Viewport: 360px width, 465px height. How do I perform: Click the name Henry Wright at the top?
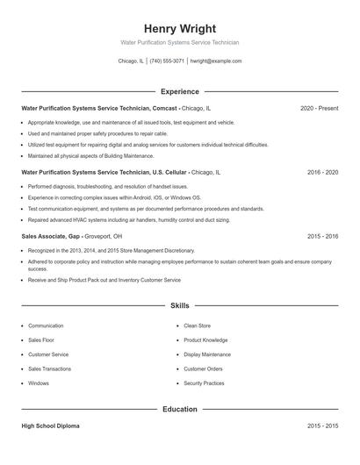point(179,28)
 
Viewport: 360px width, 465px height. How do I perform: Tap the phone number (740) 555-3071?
point(167,61)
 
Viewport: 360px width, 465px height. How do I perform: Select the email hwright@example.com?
point(216,61)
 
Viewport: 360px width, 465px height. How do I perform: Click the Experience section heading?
point(179,91)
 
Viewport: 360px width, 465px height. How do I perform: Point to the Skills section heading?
point(179,306)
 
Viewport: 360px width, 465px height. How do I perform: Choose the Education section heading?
point(179,409)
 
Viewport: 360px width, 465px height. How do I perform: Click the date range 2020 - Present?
point(319,108)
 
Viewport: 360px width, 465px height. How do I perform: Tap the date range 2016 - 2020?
point(322,172)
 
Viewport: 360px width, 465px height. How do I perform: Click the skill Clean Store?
point(197,325)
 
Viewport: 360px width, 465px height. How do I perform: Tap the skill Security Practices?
point(204,383)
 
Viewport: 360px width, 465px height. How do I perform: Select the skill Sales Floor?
point(41,340)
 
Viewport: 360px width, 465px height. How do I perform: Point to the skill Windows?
point(39,383)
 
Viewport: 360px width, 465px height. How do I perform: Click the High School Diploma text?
point(50,426)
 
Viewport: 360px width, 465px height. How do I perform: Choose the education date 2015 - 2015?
point(322,426)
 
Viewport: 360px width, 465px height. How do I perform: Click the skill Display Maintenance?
point(207,354)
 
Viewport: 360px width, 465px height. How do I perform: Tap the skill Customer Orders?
point(203,368)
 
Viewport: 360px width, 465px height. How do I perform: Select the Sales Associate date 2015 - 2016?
point(322,236)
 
